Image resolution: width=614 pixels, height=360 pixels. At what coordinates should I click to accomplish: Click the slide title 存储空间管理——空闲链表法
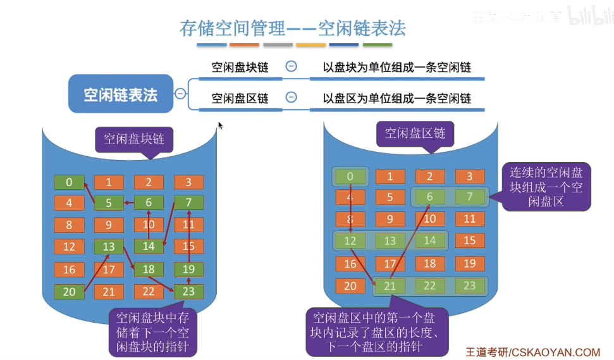[292, 28]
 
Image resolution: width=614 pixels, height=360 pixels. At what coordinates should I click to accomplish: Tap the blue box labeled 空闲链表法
[120, 94]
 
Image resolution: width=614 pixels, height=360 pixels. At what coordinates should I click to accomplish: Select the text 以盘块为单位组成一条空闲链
[396, 67]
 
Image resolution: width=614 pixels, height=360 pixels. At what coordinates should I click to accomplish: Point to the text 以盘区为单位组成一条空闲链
[396, 99]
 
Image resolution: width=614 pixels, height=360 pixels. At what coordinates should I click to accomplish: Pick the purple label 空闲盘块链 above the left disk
[133, 139]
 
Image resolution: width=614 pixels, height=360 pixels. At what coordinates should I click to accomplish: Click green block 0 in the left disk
[69, 182]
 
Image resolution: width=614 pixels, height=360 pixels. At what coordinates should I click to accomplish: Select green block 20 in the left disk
[69, 291]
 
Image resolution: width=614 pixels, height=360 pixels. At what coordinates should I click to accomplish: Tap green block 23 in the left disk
[188, 292]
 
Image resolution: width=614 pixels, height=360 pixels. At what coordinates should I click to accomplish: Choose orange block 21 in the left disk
[109, 292]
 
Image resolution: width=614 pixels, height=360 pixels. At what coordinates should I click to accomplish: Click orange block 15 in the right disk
[469, 240]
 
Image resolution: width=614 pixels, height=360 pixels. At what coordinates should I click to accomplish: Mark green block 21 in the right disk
[390, 286]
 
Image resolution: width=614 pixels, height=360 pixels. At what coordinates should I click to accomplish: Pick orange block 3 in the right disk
[469, 177]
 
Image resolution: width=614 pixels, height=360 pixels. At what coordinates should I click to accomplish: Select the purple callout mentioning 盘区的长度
[378, 332]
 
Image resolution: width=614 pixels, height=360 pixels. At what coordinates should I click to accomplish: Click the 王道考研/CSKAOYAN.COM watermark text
[532, 352]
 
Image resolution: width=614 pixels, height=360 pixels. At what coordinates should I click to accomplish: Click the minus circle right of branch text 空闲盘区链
[291, 97]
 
